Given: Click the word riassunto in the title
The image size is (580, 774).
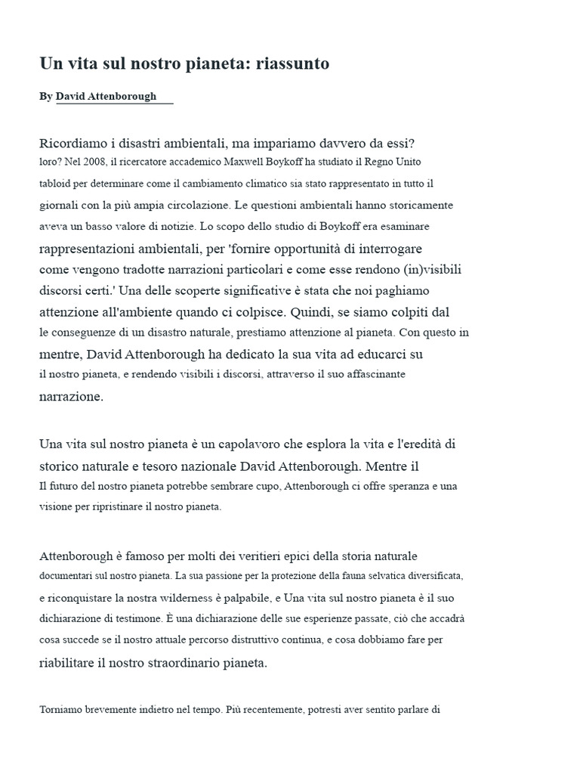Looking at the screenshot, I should [292, 64].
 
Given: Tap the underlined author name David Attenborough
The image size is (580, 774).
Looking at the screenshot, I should [106, 97].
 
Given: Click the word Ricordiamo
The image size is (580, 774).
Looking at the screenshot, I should [72, 143].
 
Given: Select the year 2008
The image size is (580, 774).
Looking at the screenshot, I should [91, 162].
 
